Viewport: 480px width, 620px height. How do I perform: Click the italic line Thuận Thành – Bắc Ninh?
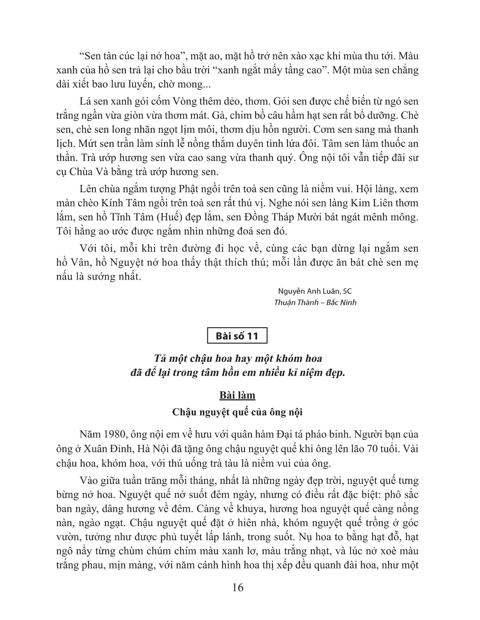pyautogui.click(x=315, y=302)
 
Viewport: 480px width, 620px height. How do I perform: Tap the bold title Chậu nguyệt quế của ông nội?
pyautogui.click(x=237, y=412)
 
